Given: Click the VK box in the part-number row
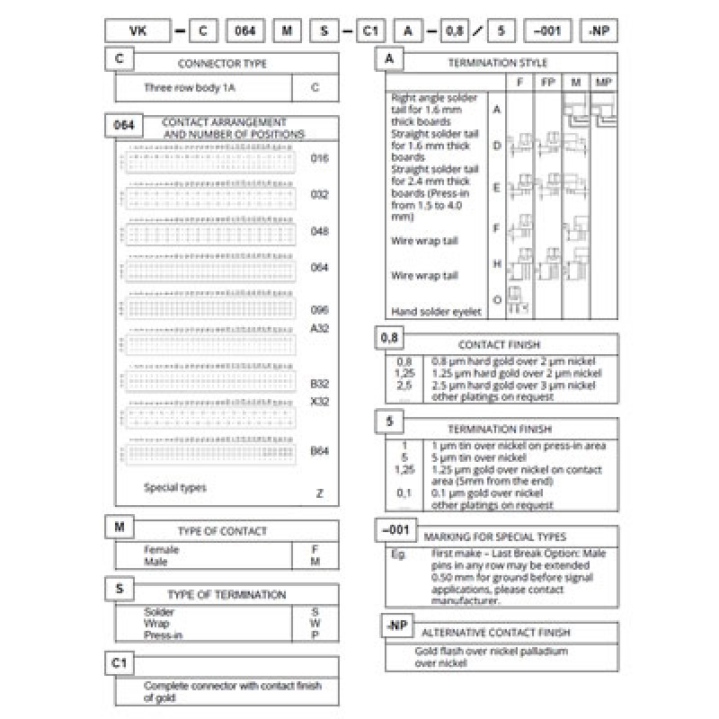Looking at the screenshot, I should point(138,31).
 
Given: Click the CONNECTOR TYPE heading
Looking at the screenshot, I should point(223,64).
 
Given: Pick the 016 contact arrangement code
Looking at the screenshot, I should point(319,158).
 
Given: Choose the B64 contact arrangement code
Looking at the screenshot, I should point(319,450).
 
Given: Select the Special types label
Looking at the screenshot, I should point(175,488).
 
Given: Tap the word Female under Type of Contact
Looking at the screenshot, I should point(162,549).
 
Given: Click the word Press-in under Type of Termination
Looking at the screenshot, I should point(164,635).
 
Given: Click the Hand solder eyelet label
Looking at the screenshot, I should point(436,312).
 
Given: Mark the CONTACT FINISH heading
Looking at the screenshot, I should point(498,344).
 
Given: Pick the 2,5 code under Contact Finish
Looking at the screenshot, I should point(404,385).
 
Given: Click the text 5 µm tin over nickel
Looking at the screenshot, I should point(476,457).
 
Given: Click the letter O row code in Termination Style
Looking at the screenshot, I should point(497,299).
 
